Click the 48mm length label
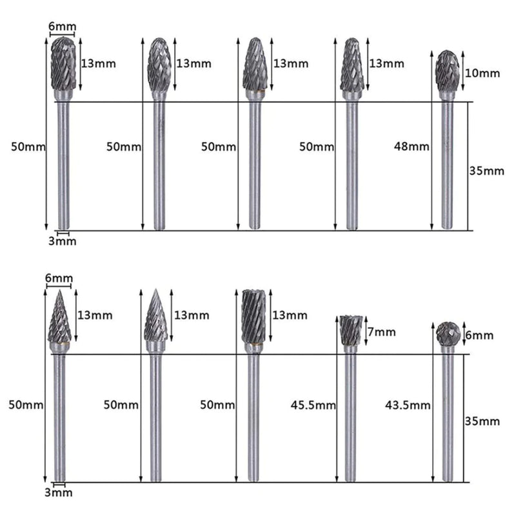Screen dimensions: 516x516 point(412,146)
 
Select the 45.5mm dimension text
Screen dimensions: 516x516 point(313,405)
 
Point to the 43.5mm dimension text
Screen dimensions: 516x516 point(407,405)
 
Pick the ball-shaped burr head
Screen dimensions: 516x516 point(446,333)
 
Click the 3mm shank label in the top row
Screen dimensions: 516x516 point(63,241)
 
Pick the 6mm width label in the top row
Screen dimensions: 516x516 point(63,26)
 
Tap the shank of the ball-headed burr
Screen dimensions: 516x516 point(447,419)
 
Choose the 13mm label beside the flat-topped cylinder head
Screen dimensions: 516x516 point(290,315)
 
